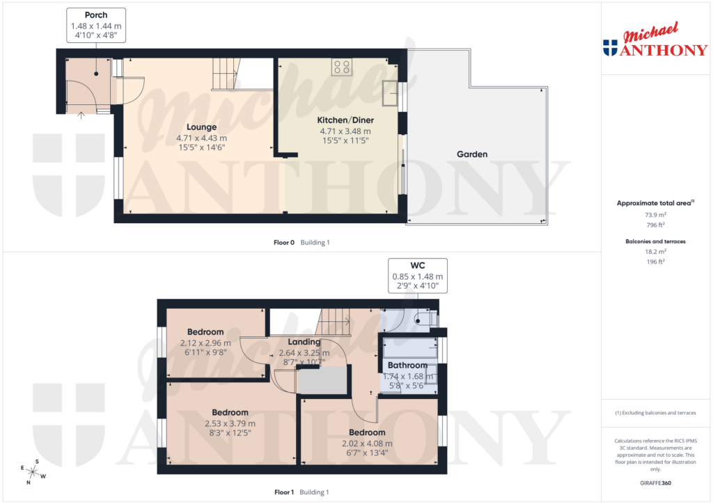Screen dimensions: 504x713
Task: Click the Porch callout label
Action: (96, 15)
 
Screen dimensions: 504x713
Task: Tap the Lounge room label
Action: (201, 127)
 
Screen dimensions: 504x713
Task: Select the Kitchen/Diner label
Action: (345, 120)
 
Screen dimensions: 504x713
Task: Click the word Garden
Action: (471, 154)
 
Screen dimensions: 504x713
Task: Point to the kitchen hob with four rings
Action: (341, 67)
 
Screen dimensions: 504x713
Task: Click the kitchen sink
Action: (390, 91)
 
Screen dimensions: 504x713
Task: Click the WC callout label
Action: (417, 265)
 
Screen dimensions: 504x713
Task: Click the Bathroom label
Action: (407, 365)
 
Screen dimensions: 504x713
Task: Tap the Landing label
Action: (304, 342)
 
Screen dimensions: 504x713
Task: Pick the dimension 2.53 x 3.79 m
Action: (230, 423)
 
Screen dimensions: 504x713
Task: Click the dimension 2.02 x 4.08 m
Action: (367, 444)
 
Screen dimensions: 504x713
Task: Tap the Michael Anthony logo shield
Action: (610, 48)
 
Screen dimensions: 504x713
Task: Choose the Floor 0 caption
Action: (284, 243)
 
